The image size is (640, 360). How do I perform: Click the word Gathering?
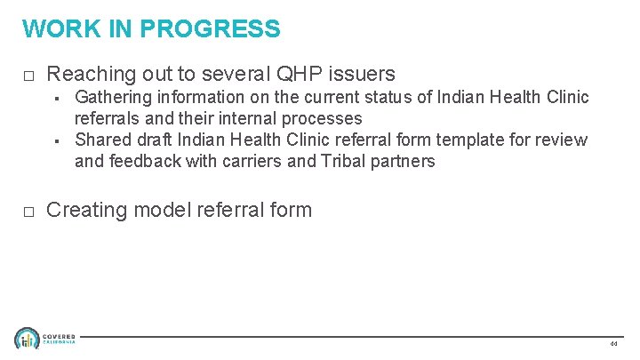tap(114, 97)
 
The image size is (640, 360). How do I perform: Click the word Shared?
tap(102, 140)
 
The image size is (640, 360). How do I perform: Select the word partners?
tap(404, 161)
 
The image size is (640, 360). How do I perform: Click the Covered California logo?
tap(44, 339)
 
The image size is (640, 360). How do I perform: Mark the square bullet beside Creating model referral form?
tap(28, 212)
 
